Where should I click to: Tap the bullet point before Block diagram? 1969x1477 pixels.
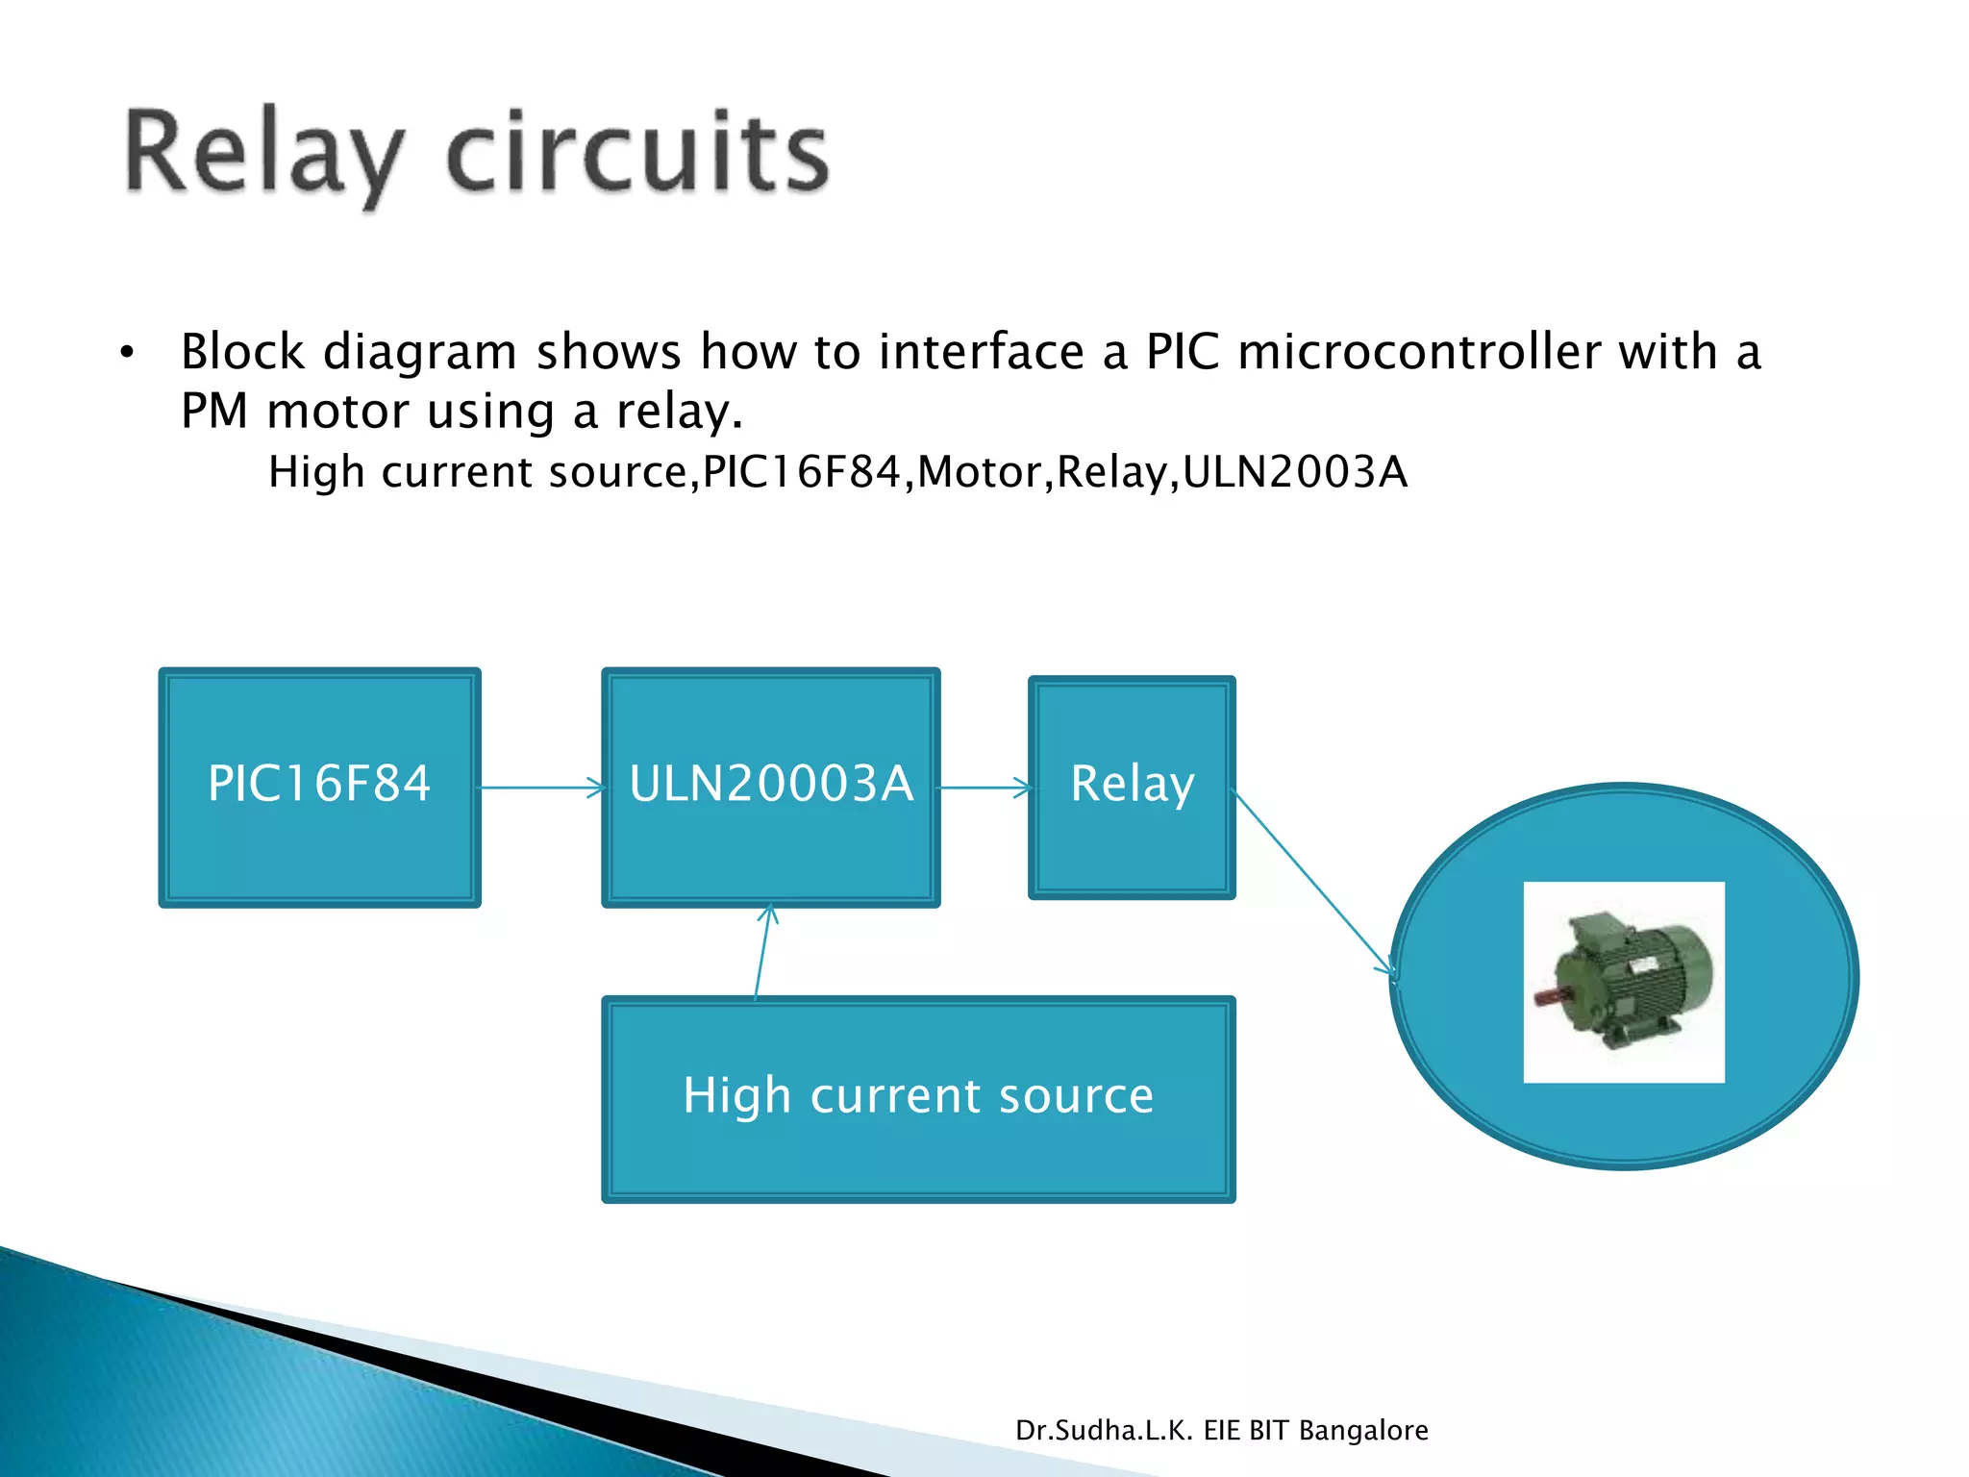(127, 354)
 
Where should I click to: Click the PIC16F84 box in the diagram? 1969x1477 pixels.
(319, 787)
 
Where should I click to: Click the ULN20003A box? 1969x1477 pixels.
(770, 787)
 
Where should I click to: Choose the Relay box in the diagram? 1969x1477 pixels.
(1132, 787)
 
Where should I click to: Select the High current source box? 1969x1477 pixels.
(918, 1098)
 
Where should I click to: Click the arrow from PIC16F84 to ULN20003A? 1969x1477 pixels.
(541, 788)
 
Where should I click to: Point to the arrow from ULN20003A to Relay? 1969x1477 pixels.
(984, 788)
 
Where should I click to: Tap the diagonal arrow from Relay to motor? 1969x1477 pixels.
(1314, 883)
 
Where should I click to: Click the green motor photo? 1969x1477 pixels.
(1623, 982)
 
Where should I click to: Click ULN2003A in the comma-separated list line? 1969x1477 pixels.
(1294, 472)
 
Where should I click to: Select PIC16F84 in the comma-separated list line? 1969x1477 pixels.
(803, 472)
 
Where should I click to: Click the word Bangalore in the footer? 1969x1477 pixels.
(1362, 1431)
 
